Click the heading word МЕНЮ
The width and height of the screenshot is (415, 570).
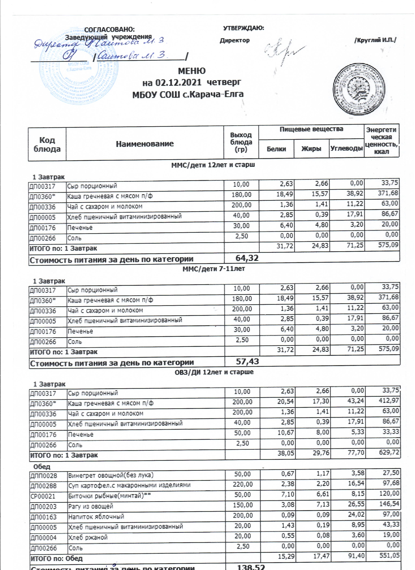[192, 71]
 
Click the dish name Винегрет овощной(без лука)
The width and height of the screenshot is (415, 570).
[111, 475]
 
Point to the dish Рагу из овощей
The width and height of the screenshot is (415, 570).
[91, 506]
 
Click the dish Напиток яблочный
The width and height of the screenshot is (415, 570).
[96, 517]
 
